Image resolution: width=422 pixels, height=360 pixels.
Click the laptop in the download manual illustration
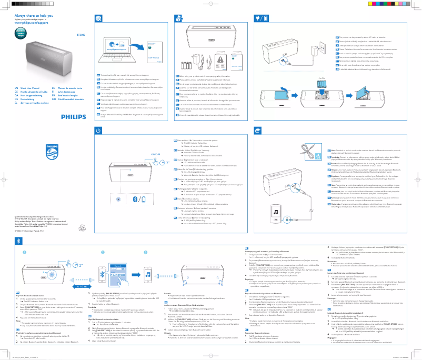[121, 48]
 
